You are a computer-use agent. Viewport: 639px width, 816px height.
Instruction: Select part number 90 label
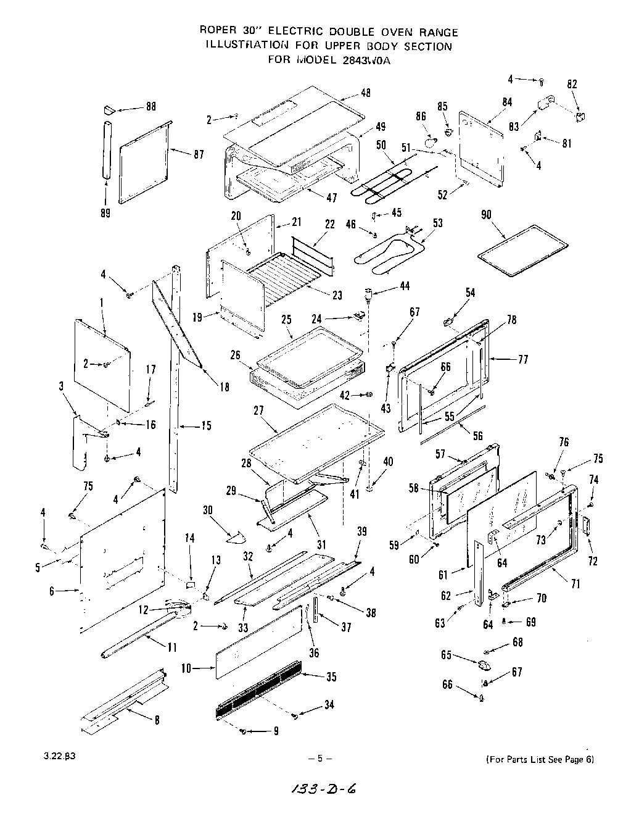pyautogui.click(x=487, y=215)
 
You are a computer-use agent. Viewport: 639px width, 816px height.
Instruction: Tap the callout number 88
pyautogui.click(x=150, y=107)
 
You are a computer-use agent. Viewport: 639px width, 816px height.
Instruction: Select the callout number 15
pyautogui.click(x=205, y=426)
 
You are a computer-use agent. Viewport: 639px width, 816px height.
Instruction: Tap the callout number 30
pyautogui.click(x=208, y=510)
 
